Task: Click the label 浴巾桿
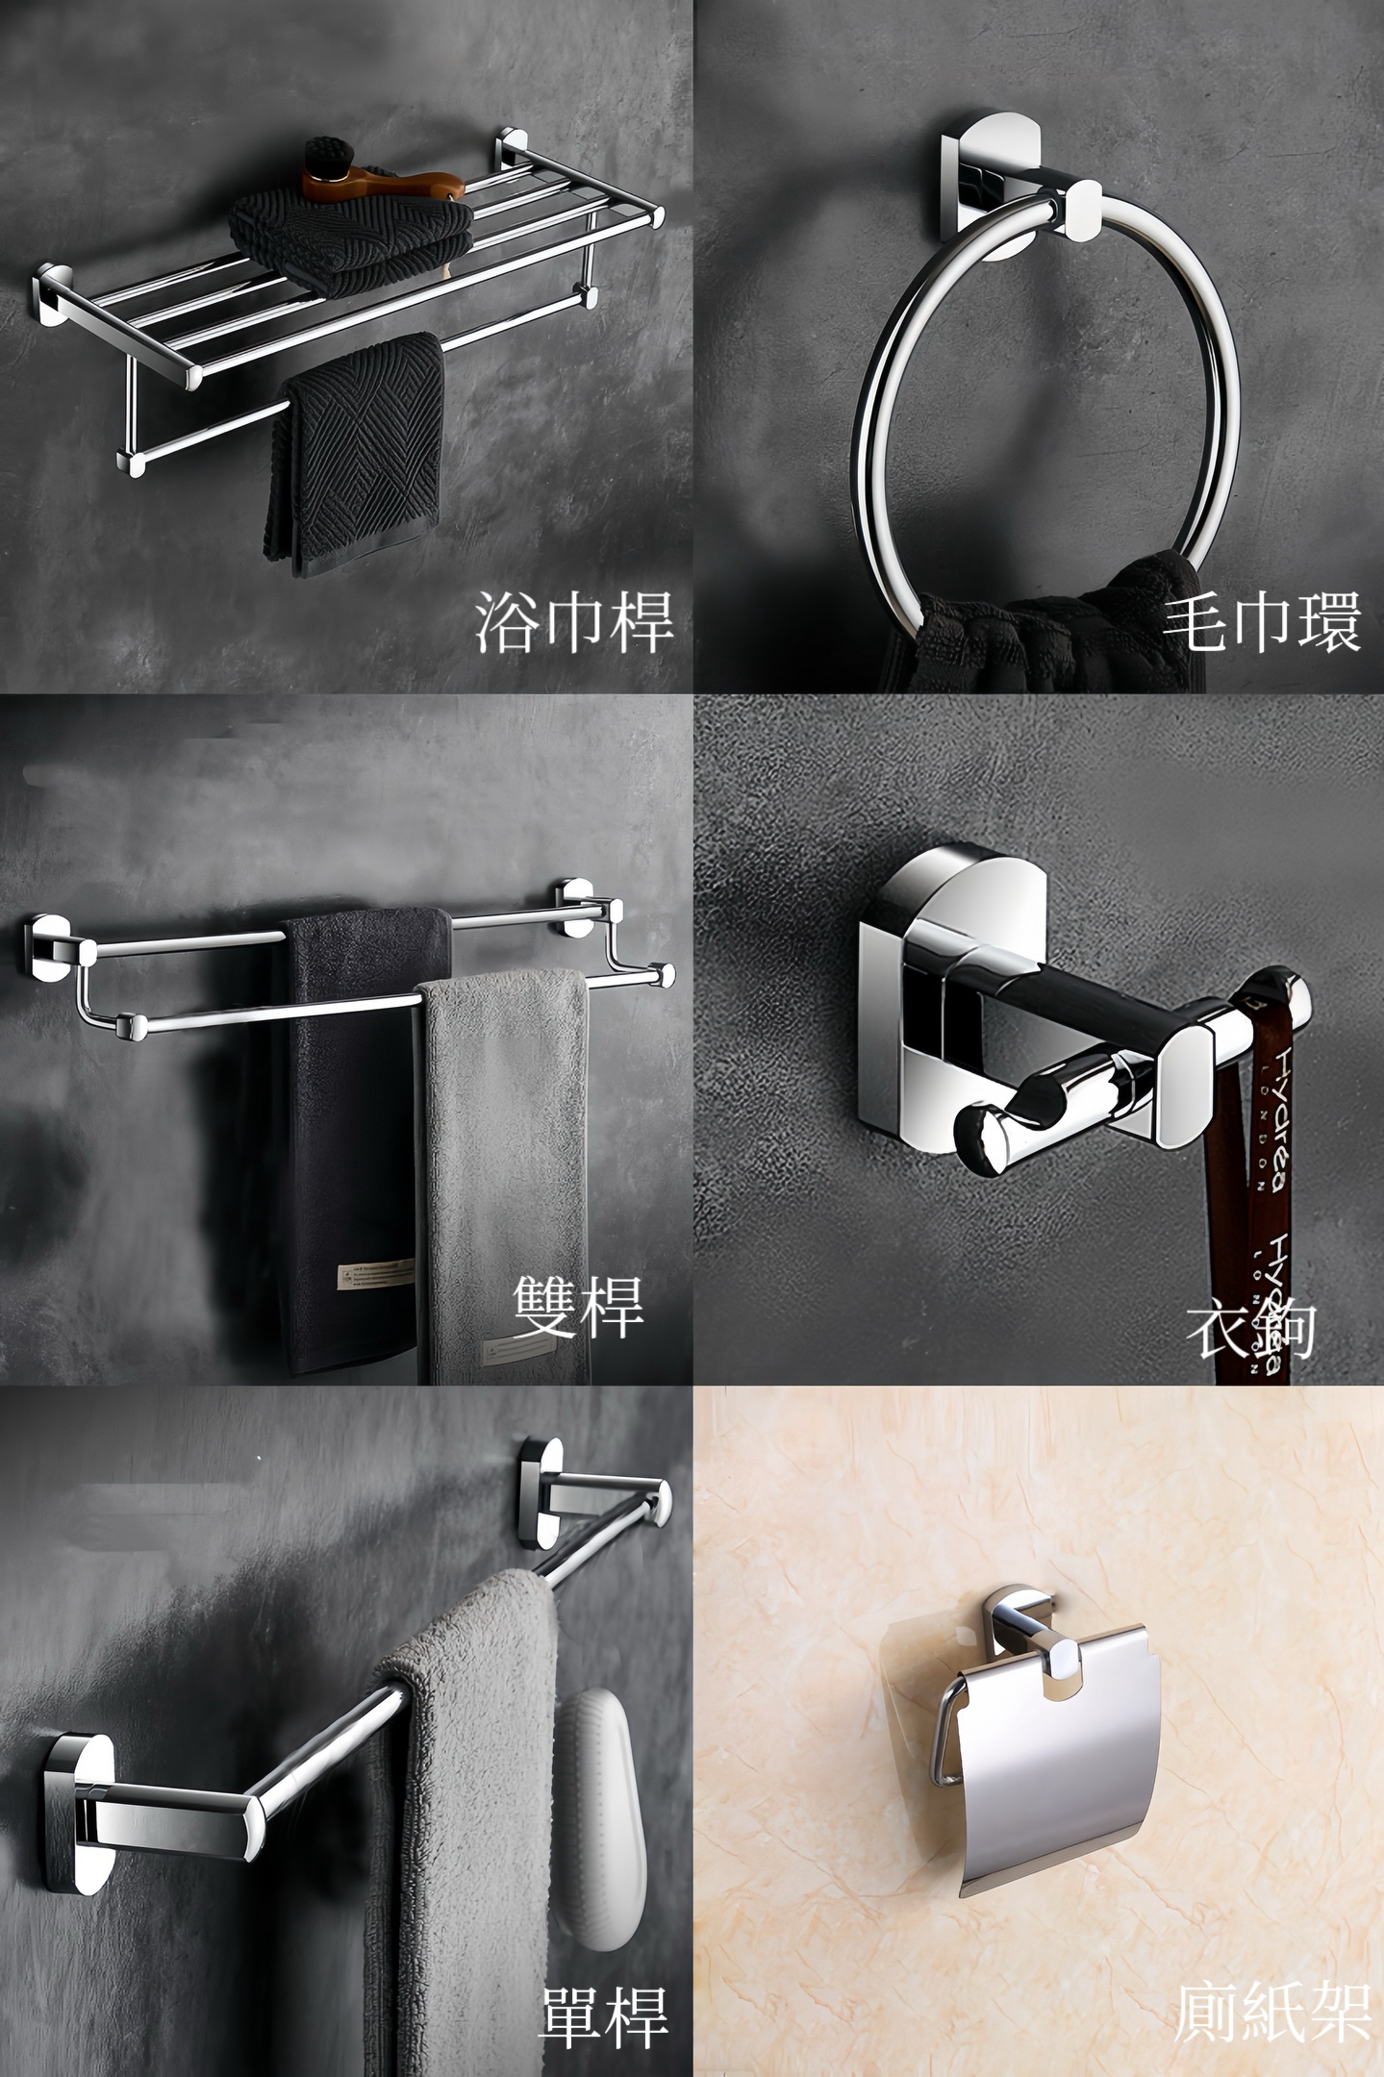click(573, 622)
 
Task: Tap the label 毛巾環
click(1261, 622)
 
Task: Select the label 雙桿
click(578, 1307)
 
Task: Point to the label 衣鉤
click(1251, 1331)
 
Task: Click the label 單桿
click(603, 2014)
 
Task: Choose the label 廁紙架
click(1271, 2014)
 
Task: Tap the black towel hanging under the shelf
click(356, 452)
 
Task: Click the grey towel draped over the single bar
click(462, 1779)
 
